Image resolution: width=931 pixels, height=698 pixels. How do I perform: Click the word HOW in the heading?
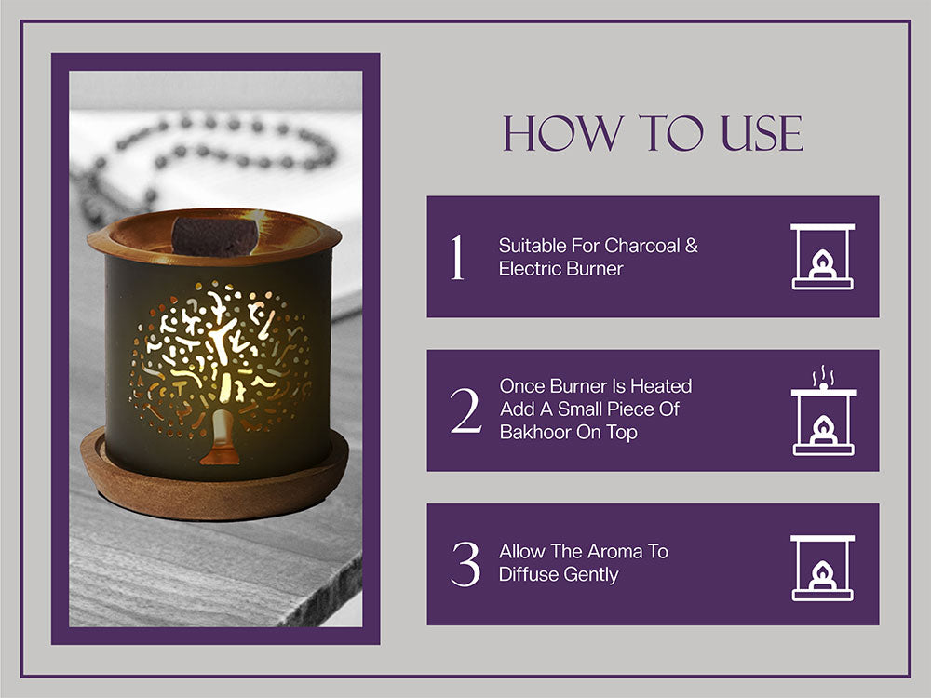(x=563, y=133)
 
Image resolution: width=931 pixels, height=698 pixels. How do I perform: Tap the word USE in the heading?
(x=762, y=133)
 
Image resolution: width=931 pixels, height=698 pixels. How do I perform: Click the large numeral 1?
(x=456, y=257)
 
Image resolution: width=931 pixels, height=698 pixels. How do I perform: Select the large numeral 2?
(x=465, y=410)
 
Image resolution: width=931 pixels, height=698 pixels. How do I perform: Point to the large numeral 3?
(x=465, y=564)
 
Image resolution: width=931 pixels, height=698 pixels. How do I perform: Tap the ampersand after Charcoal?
(x=692, y=245)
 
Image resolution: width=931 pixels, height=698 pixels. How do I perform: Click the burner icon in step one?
(x=822, y=257)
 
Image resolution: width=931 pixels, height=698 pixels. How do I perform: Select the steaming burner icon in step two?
(x=823, y=410)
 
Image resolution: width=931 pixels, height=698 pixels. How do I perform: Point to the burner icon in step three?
(x=822, y=568)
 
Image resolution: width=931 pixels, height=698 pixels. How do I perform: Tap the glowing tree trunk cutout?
(x=221, y=436)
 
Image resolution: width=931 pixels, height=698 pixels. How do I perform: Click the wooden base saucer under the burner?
(x=215, y=487)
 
